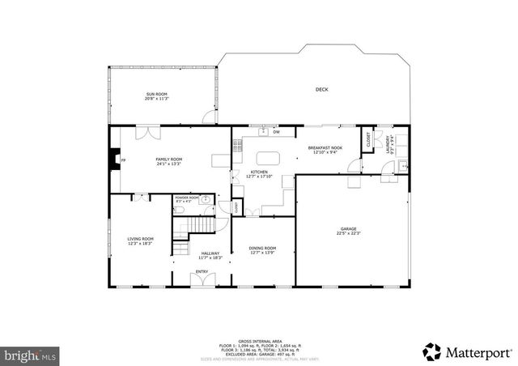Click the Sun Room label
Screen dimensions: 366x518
coord(157,96)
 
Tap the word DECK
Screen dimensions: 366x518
coord(321,89)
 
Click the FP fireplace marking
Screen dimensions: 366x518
coord(123,160)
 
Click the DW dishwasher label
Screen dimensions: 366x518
coord(276,132)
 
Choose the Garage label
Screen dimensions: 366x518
coord(347,231)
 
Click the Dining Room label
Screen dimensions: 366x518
coord(262,250)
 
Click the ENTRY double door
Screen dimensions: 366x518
coord(202,280)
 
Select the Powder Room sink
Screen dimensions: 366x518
coord(206,199)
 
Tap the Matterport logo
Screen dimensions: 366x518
coord(467,351)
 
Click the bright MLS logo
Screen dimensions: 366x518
coord(30,355)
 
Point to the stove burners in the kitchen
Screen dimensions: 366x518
coord(237,147)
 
